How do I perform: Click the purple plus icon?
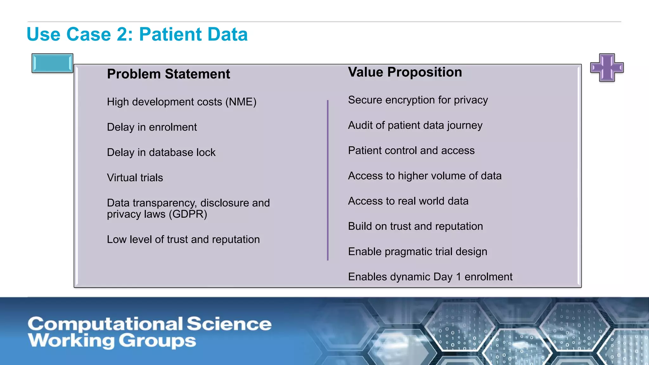[x=607, y=67]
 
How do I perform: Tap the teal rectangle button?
[x=52, y=63]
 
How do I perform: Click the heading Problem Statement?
[x=168, y=74]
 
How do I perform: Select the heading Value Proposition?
[x=405, y=72]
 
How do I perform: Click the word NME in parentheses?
[x=241, y=102]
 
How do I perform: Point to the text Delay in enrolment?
[x=152, y=127]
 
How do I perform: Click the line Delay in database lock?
[x=161, y=153]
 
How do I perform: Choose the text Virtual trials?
[x=135, y=178]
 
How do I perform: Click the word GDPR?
[x=188, y=215]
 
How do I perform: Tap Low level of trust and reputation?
[x=183, y=240]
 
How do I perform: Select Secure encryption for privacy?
[x=418, y=100]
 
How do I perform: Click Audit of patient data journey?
[x=415, y=125]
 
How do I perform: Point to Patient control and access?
[x=411, y=150]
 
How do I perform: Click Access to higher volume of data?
[x=425, y=176]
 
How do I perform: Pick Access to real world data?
[x=408, y=201]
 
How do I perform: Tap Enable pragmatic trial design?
[x=417, y=252]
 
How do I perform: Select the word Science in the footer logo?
[x=229, y=324]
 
